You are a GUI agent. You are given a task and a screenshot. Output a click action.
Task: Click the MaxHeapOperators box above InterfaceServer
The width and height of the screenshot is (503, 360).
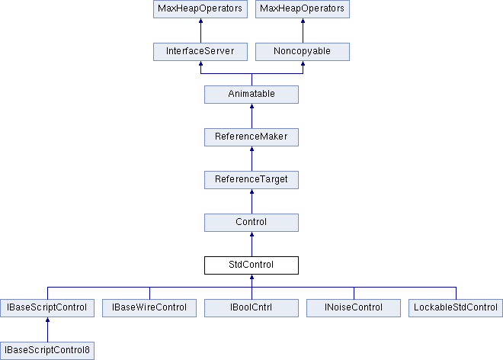click(200, 9)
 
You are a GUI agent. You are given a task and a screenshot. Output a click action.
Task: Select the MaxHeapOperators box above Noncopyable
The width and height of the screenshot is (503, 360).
click(303, 9)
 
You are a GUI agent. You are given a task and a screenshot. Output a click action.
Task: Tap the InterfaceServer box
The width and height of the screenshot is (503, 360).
click(200, 52)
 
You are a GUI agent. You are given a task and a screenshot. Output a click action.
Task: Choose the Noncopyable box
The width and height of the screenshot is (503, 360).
click(303, 52)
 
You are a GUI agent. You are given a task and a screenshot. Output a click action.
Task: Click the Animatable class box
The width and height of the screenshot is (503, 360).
click(251, 95)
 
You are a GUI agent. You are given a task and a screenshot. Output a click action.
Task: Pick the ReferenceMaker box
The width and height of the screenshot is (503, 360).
click(251, 137)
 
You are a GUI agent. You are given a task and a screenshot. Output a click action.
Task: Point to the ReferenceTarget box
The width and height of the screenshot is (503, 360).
click(251, 180)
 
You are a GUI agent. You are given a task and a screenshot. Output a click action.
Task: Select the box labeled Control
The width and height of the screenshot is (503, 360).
click(251, 223)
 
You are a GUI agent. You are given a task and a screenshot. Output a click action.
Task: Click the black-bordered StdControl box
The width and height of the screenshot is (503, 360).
click(251, 265)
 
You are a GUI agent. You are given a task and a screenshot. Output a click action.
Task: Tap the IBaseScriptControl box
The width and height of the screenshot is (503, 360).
click(47, 308)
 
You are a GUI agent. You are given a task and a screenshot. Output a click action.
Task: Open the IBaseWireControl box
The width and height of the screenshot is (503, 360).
click(149, 308)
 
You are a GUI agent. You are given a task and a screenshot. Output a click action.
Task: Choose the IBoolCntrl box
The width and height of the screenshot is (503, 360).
click(251, 308)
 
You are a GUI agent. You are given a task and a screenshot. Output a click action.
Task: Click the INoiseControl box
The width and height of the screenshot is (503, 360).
click(354, 308)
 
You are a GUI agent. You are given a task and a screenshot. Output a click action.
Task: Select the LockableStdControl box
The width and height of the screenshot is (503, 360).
click(456, 308)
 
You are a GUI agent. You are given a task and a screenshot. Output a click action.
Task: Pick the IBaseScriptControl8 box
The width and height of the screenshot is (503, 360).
click(47, 351)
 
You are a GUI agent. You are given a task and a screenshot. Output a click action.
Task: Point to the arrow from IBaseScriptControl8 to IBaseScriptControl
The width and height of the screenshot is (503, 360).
click(47, 329)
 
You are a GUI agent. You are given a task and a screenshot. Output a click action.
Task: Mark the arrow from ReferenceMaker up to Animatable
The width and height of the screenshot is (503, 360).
click(251, 116)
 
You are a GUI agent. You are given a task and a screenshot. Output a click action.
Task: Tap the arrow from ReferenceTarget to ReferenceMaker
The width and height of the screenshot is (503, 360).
click(251, 159)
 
